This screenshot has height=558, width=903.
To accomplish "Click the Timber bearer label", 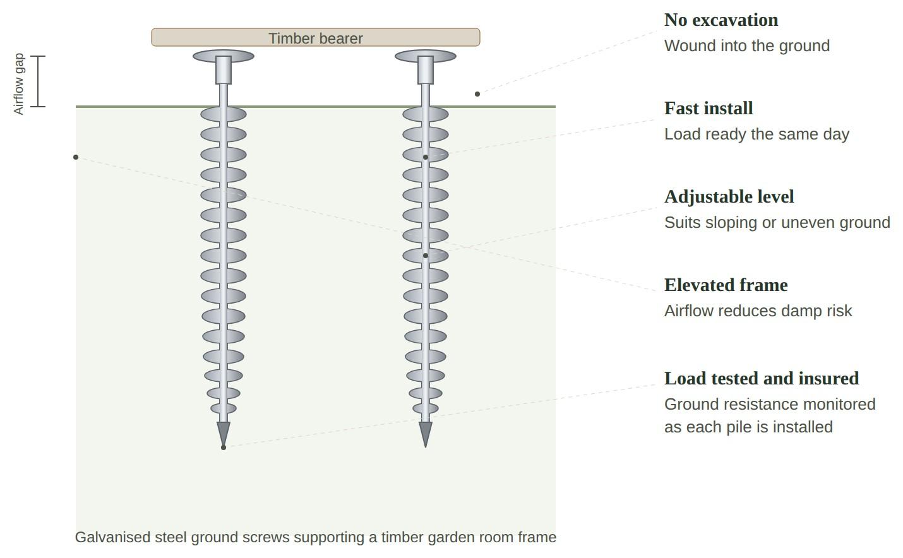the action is tap(316, 39).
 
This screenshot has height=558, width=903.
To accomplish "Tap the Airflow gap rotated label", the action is tap(18, 84).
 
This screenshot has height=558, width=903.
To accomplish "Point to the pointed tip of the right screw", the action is tap(426, 447).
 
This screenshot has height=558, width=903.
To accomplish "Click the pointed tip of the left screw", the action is tap(224, 447).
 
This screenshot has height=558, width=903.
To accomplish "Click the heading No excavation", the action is tap(721, 20).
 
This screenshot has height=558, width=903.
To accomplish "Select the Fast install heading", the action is tap(709, 109).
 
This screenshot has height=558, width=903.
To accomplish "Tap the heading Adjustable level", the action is tap(729, 197).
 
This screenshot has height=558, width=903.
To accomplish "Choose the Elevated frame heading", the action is tap(726, 285).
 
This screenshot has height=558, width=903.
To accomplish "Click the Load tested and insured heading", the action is tap(762, 379).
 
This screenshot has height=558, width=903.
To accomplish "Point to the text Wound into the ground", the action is tap(747, 46).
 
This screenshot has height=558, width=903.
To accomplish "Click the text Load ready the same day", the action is tap(756, 134).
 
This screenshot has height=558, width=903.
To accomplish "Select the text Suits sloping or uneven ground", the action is tap(777, 223).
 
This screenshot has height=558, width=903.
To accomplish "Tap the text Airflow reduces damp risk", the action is tap(758, 311).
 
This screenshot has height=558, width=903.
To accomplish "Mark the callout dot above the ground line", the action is tap(477, 94).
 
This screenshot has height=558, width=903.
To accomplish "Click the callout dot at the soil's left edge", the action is tap(76, 157).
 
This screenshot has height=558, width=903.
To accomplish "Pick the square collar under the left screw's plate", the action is tap(224, 70).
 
